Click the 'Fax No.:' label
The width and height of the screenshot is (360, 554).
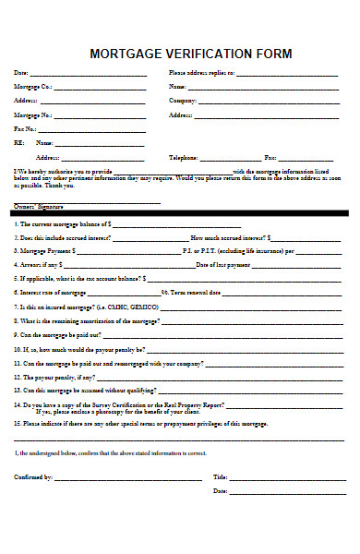(x=25, y=129)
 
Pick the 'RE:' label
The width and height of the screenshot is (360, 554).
(x=18, y=143)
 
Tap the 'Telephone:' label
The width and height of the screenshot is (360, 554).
(x=184, y=158)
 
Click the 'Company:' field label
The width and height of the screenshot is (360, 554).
(x=183, y=101)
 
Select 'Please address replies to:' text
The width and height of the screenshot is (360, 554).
(x=201, y=72)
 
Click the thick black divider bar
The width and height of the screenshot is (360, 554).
(x=180, y=213)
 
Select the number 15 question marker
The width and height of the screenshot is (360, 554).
(x=17, y=424)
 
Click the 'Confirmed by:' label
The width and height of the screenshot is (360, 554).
(x=33, y=476)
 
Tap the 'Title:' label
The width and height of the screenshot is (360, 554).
(x=220, y=476)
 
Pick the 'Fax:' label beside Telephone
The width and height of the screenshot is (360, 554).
(x=271, y=158)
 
